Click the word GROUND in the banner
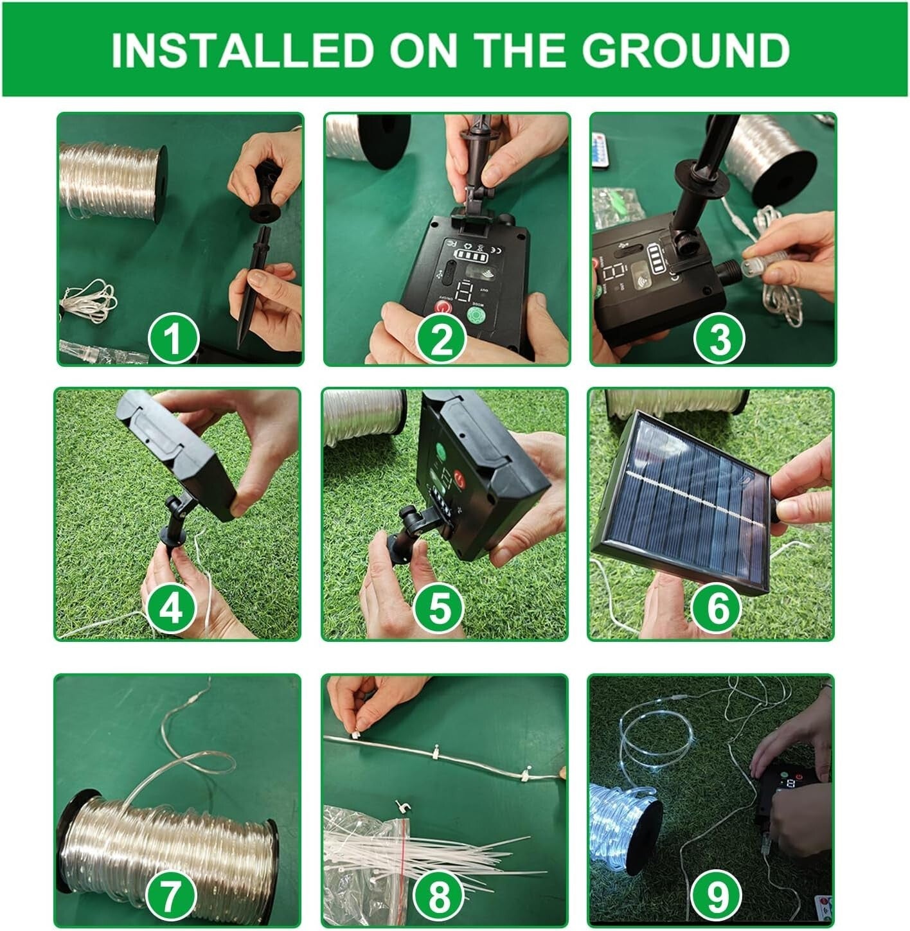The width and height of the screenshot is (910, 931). tap(686, 49)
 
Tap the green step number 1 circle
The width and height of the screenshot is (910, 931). tap(174, 338)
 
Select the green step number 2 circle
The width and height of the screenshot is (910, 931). tap(442, 338)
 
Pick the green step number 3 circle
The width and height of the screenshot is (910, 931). tap(719, 338)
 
